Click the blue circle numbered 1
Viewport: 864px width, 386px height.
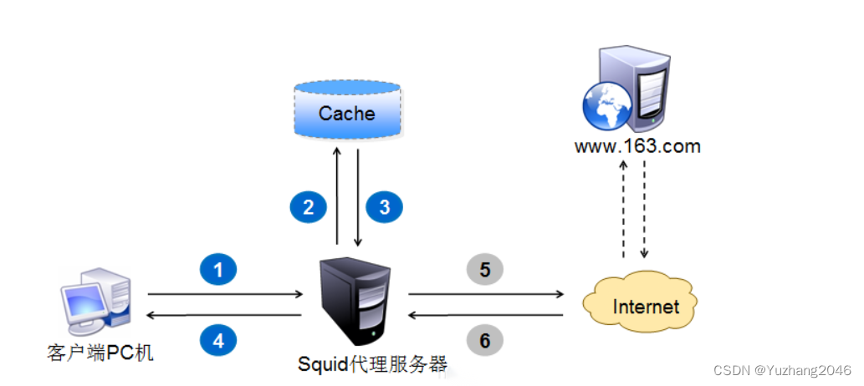pos(218,269)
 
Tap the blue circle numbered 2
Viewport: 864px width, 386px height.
pos(309,206)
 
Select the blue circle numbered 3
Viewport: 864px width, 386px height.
pos(385,206)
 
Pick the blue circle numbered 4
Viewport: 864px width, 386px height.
pos(218,339)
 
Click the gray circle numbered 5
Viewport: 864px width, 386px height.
pos(485,269)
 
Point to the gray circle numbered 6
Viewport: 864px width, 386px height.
pos(485,339)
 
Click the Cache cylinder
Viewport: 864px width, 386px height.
pos(346,112)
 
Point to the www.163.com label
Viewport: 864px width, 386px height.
pos(637,147)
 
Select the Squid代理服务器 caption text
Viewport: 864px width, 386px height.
pos(372,364)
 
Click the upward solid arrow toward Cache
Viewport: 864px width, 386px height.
pos(336,196)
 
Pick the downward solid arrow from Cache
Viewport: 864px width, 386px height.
pos(358,196)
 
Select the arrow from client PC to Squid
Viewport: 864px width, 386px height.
pos(225,294)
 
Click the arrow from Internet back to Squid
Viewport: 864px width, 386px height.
pos(485,316)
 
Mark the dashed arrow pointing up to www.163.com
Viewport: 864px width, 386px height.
pos(623,209)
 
